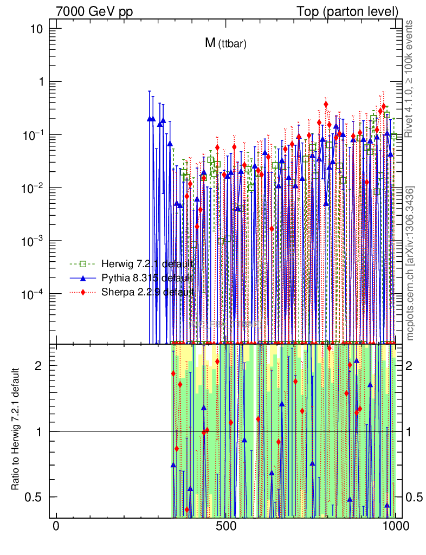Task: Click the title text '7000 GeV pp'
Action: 94,11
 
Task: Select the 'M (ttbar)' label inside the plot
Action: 225,44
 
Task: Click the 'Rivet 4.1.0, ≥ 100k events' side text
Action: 410,79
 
